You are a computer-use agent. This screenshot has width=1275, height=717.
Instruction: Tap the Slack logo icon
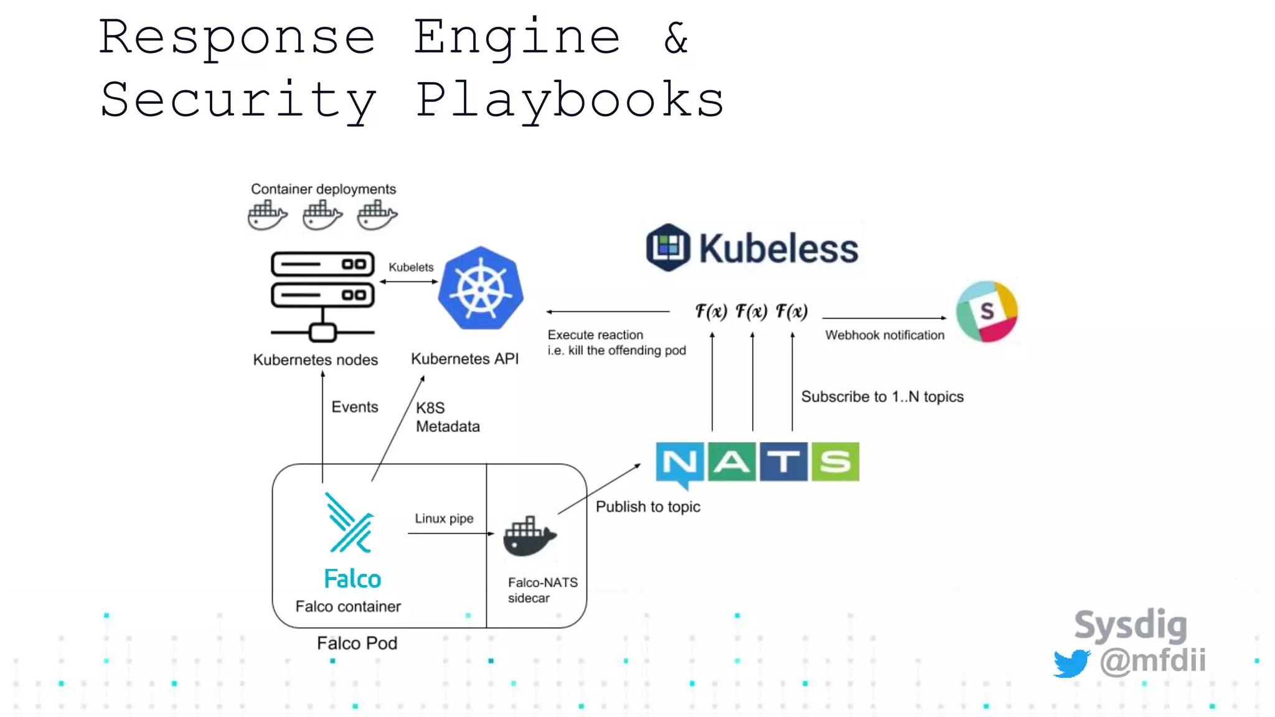(987, 311)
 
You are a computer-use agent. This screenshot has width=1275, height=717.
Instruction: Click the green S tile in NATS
(835, 462)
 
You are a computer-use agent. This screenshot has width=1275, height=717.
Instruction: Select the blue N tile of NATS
(680, 462)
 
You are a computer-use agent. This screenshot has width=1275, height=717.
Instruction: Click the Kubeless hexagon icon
(668, 248)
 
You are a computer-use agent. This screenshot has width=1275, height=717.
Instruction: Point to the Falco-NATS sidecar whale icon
(529, 537)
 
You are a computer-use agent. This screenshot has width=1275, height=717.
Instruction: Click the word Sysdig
(1131, 625)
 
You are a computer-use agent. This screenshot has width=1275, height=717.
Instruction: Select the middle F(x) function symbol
(751, 311)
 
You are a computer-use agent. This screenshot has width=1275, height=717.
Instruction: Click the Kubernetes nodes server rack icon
(322, 296)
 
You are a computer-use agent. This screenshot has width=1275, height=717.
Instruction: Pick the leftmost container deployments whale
(267, 215)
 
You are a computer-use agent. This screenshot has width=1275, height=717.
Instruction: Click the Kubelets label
(411, 267)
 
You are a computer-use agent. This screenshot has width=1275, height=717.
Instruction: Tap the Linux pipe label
(444, 518)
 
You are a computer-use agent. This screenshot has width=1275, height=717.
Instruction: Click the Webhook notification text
(885, 335)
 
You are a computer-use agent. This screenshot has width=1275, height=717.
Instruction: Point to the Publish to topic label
(647, 507)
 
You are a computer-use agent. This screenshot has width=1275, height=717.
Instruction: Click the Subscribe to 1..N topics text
(882, 396)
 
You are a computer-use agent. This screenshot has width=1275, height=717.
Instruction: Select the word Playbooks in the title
(570, 100)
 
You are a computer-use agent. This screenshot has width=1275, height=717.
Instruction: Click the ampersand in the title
(676, 37)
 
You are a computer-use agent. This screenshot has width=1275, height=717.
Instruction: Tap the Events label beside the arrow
(354, 406)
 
